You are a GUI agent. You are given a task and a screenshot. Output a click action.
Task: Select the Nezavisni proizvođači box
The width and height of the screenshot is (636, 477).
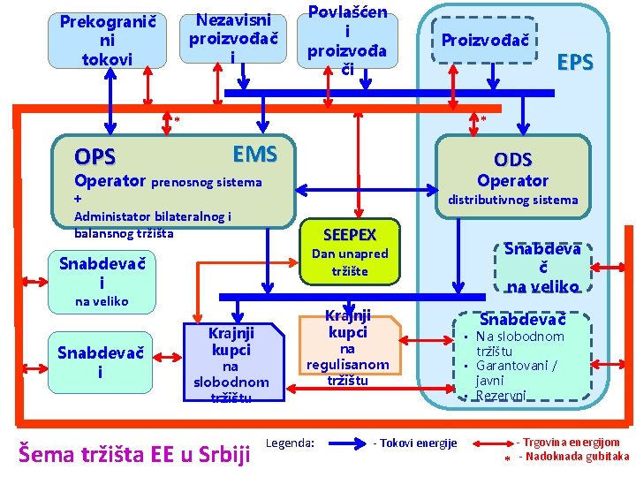pos(233,38)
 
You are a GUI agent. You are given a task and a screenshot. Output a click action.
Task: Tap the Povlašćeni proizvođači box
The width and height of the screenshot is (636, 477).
pos(347,40)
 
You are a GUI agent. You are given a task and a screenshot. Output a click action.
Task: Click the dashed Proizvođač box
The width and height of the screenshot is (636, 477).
pos(485,41)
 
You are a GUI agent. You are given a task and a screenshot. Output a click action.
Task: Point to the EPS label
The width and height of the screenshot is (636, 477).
pos(575,63)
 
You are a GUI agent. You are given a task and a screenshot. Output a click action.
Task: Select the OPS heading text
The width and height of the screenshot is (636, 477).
pos(95,158)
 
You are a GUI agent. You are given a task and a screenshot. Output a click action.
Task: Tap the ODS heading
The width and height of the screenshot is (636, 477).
pos(513,160)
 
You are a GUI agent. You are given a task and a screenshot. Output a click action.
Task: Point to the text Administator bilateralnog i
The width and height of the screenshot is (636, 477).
pos(153,216)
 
